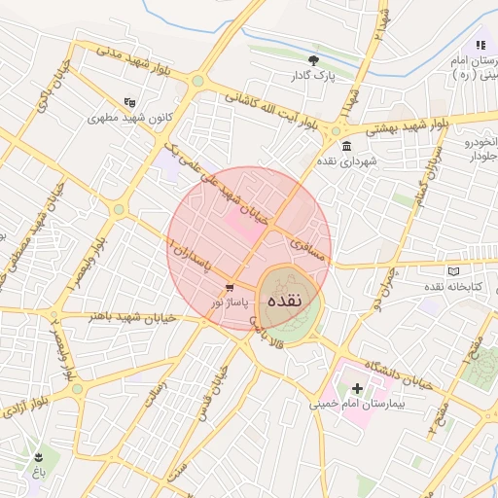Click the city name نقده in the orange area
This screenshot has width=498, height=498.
tap(289, 301)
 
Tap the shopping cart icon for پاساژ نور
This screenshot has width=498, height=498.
tap(230, 288)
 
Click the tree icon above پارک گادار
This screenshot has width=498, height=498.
tap(313, 60)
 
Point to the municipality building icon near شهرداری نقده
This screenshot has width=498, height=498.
tap(347, 146)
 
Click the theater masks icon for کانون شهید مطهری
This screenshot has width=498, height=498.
tap(130, 101)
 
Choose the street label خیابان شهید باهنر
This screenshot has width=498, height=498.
tap(131, 317)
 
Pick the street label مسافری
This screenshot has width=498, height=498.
tap(302, 234)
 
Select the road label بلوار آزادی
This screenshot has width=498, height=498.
tap(34, 403)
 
